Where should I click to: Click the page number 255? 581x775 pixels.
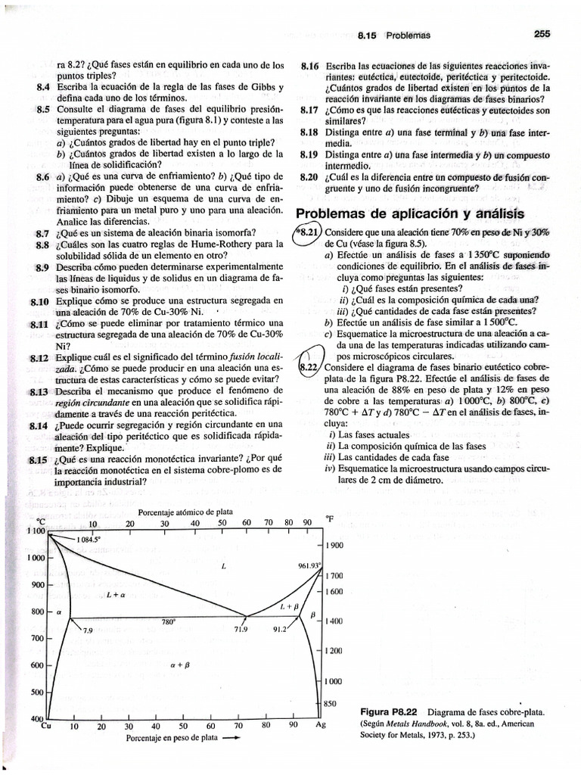click(x=542, y=34)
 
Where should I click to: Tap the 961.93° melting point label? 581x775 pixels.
click(x=309, y=565)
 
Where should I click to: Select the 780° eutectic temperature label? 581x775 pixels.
click(x=169, y=621)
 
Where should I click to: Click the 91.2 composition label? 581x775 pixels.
click(x=280, y=629)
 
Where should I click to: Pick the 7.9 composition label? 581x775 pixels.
click(x=87, y=630)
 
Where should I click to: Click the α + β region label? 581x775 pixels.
click(x=179, y=665)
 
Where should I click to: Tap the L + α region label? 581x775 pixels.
click(x=115, y=596)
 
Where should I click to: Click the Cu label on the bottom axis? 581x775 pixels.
click(x=45, y=724)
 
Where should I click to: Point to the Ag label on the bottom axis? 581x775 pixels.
click(x=320, y=724)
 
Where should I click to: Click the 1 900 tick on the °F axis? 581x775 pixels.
click(x=334, y=546)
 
